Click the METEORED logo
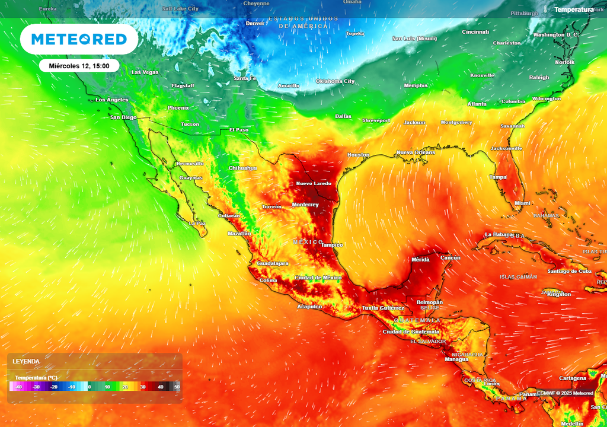point(79,39)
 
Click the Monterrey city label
point(305,205)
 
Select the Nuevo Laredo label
point(314,184)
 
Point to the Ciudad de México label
point(318,278)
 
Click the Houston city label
point(358,155)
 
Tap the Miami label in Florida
point(522,203)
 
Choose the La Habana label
point(498,234)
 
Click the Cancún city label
point(451,258)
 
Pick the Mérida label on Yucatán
point(420,260)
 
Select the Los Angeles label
point(112,100)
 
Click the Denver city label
point(255,24)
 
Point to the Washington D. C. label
point(555,35)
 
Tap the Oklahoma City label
point(335,81)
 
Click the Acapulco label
point(309,307)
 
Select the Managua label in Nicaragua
point(456,359)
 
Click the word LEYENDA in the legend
point(27,361)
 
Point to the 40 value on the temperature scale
point(160,387)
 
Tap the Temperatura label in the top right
point(573,10)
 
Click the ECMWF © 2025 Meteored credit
point(565,393)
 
